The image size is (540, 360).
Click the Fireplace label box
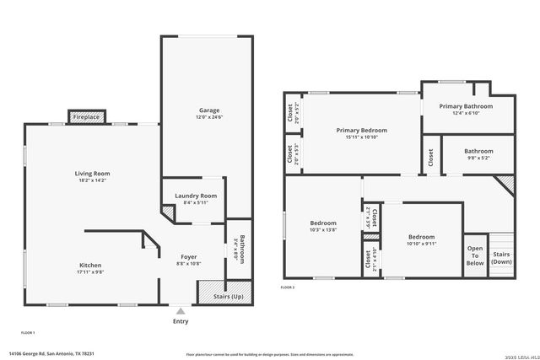(86, 117)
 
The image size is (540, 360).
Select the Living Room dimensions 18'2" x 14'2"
(92, 180)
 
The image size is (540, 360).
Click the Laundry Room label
(196, 196)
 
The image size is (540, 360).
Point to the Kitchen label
(91, 265)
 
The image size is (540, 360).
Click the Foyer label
(190, 256)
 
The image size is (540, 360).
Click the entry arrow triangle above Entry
(181, 311)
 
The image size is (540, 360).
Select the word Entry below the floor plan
(181, 321)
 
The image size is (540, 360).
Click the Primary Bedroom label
(361, 131)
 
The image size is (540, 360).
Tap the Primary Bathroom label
(466, 106)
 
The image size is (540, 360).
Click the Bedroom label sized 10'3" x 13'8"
(322, 223)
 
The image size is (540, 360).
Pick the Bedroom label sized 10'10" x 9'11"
(421, 237)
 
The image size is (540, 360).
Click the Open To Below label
(476, 255)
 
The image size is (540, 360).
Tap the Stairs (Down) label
(501, 257)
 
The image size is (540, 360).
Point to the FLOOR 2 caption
(288, 287)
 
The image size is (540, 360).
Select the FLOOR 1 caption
(28, 333)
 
